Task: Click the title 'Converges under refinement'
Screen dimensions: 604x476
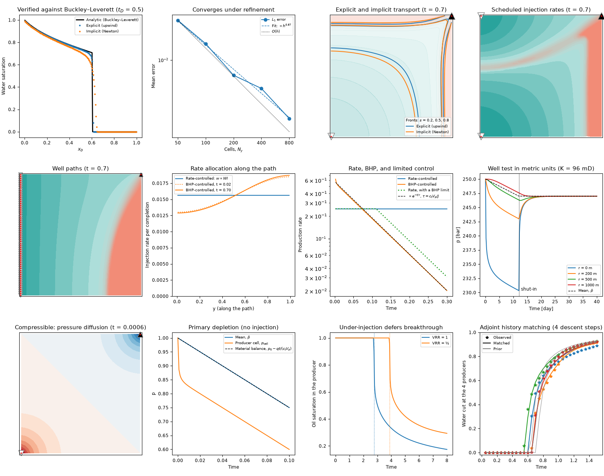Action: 233,9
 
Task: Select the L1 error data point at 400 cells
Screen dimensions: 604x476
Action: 261,89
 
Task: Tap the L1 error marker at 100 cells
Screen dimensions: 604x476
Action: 206,44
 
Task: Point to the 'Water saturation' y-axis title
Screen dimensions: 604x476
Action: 3,76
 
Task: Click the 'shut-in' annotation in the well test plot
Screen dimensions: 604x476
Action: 529,289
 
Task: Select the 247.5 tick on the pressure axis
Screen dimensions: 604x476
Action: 470,193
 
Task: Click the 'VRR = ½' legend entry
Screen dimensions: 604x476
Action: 435,343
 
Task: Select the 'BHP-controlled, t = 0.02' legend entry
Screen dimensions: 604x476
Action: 203,184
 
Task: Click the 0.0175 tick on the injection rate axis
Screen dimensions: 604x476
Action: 160,183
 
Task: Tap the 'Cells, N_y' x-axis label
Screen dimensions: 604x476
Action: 233,149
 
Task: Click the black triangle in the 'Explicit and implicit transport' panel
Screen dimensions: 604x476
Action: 451,16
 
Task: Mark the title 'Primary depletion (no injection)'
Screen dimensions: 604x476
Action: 233,328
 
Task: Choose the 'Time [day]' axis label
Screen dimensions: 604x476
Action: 541,308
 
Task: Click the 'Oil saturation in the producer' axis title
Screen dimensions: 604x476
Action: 314,393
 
